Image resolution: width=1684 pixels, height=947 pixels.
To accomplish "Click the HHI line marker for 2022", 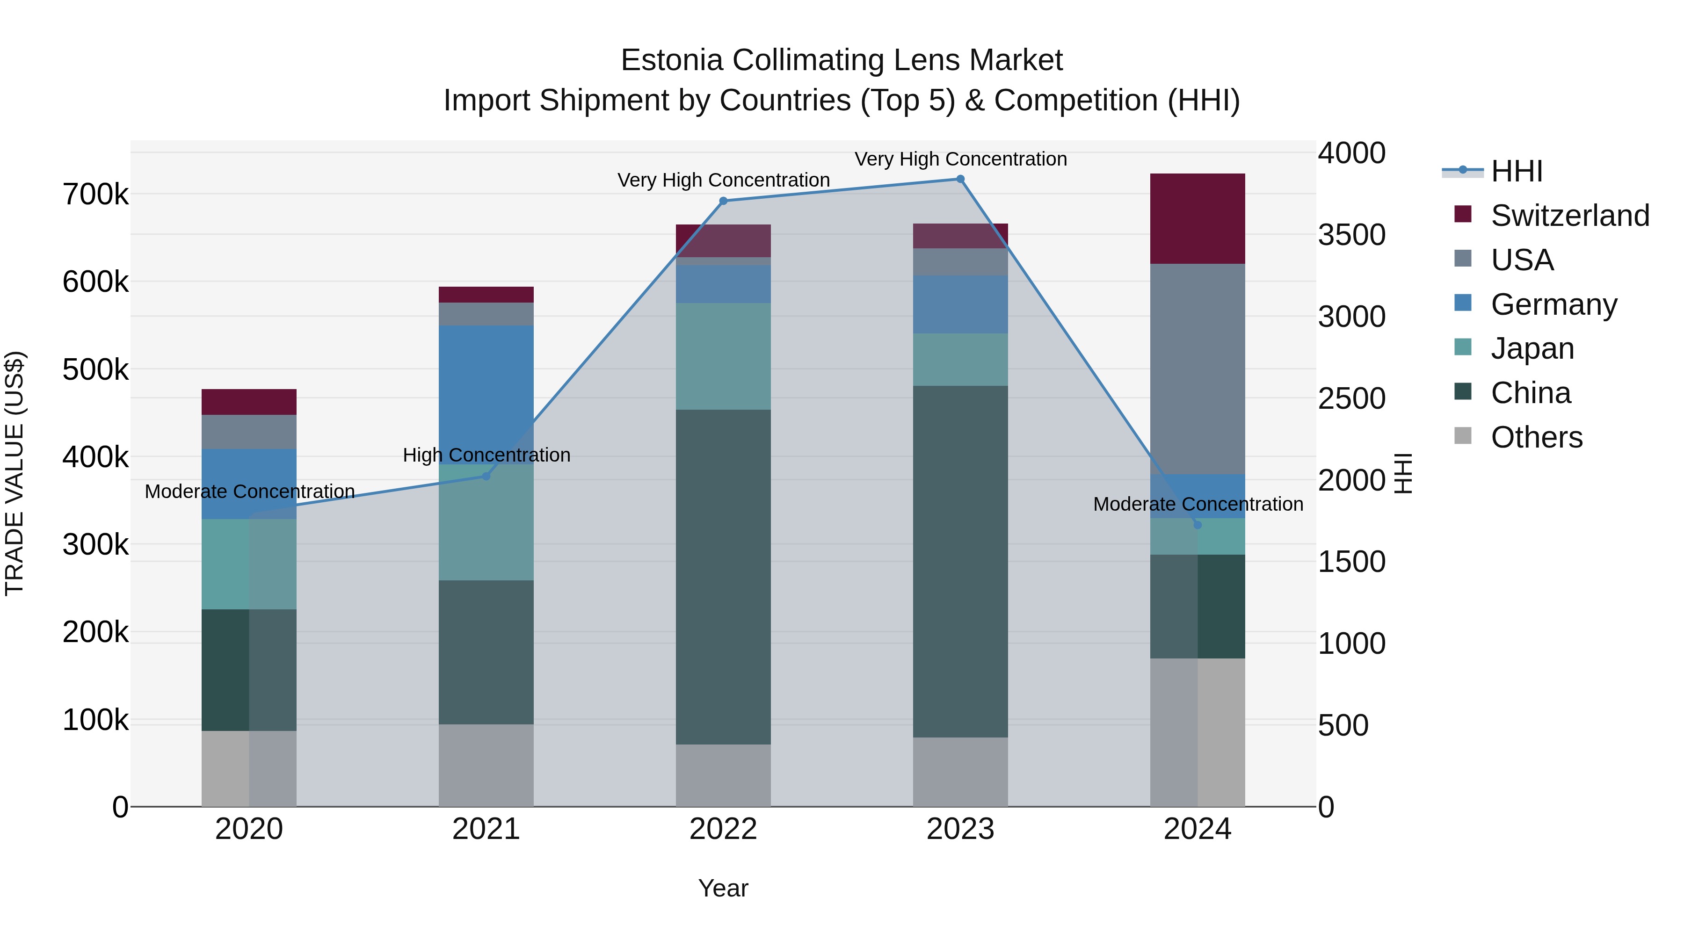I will pyautogui.click(x=723, y=201).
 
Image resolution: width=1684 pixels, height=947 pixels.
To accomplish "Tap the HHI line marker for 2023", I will pyautogui.click(x=960, y=179).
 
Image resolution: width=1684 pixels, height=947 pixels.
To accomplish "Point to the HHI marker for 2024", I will pyautogui.click(x=1198, y=525).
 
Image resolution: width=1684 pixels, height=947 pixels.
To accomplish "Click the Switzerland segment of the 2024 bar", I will pyautogui.click(x=1198, y=219).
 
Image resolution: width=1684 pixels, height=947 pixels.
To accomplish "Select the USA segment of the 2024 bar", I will pyautogui.click(x=1198, y=369).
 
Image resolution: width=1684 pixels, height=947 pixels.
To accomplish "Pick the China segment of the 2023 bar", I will pyautogui.click(x=960, y=562).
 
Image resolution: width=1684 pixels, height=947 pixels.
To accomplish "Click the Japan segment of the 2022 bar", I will pyautogui.click(x=723, y=356).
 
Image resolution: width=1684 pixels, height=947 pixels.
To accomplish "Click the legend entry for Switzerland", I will pyautogui.click(x=1569, y=216).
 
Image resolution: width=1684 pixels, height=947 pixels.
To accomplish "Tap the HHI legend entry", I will pyautogui.click(x=1516, y=171).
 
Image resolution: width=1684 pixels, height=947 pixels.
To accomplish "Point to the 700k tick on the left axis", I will pyautogui.click(x=95, y=195).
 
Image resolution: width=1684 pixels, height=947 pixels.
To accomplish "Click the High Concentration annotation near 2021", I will pyautogui.click(x=486, y=455).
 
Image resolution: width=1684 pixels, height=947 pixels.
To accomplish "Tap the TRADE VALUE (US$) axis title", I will pyautogui.click(x=15, y=473).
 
